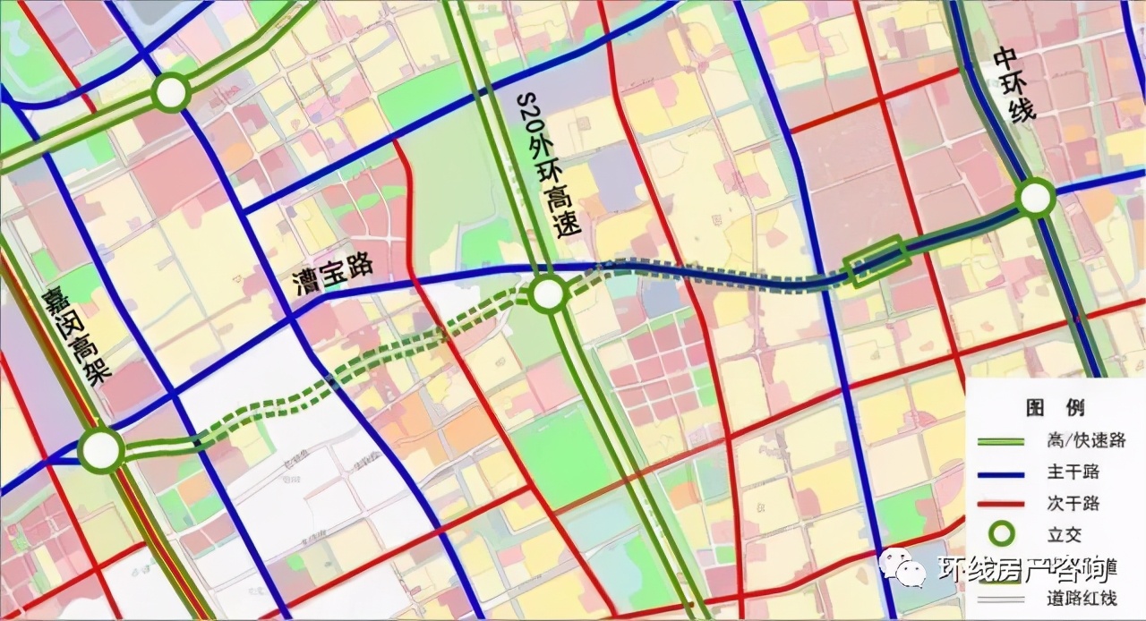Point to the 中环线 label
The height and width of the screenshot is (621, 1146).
coord(1013,85)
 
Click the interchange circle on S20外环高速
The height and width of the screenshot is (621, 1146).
coord(548,293)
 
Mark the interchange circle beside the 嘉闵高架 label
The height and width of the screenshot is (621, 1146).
coord(100,450)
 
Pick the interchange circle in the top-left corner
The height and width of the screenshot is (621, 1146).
coord(170,91)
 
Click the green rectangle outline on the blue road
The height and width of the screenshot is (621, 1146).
coord(877,260)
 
